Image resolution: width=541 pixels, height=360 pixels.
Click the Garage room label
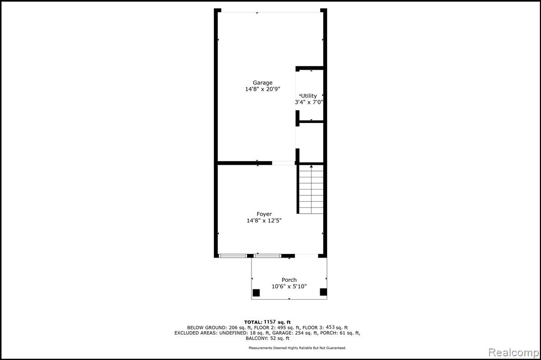(x=263, y=83)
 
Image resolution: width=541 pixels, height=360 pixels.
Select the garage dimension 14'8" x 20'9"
(x=263, y=89)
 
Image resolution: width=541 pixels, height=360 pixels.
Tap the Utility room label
(x=309, y=96)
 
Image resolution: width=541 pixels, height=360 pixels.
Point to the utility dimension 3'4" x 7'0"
(x=309, y=102)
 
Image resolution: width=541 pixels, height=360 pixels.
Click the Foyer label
(x=264, y=214)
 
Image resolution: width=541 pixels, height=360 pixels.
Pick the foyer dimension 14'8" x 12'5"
(x=264, y=220)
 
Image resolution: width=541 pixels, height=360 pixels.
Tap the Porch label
(x=289, y=280)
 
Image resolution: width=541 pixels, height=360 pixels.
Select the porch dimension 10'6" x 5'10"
(x=289, y=286)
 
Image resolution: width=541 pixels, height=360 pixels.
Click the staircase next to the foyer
(x=311, y=189)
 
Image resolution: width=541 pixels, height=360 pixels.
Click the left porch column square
(x=256, y=293)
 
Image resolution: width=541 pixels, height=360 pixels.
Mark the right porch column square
(x=323, y=292)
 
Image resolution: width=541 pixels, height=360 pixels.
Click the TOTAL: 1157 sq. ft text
(x=267, y=322)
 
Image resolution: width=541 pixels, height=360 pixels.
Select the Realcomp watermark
(x=514, y=353)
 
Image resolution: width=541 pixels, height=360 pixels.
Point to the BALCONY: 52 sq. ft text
(x=267, y=338)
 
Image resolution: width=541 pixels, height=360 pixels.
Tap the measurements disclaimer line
(x=297, y=348)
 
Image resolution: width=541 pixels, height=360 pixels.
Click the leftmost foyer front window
(x=233, y=256)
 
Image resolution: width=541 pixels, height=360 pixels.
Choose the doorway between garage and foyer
(x=283, y=163)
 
